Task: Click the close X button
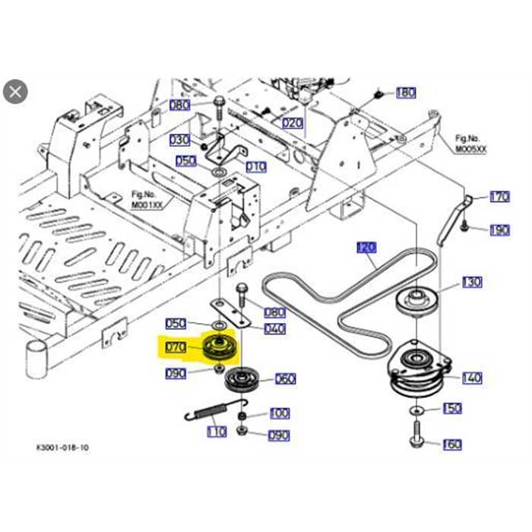(x=15, y=92)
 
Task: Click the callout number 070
(x=176, y=348)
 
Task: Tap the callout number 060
(x=285, y=378)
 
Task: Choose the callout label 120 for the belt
(x=366, y=247)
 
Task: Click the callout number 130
(x=471, y=282)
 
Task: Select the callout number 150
(x=452, y=409)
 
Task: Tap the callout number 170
(x=499, y=197)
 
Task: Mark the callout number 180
(x=406, y=93)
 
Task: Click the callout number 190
(x=499, y=230)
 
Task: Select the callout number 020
(x=293, y=122)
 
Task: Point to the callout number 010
(x=256, y=166)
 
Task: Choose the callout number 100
(x=279, y=413)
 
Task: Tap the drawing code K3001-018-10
(x=62, y=448)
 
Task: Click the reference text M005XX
(x=470, y=150)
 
